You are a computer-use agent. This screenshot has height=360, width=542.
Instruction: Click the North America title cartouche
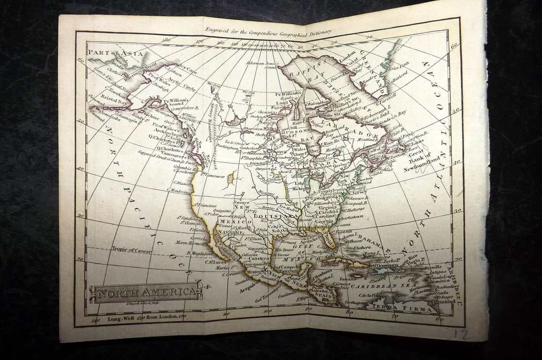pyautogui.click(x=146, y=293)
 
